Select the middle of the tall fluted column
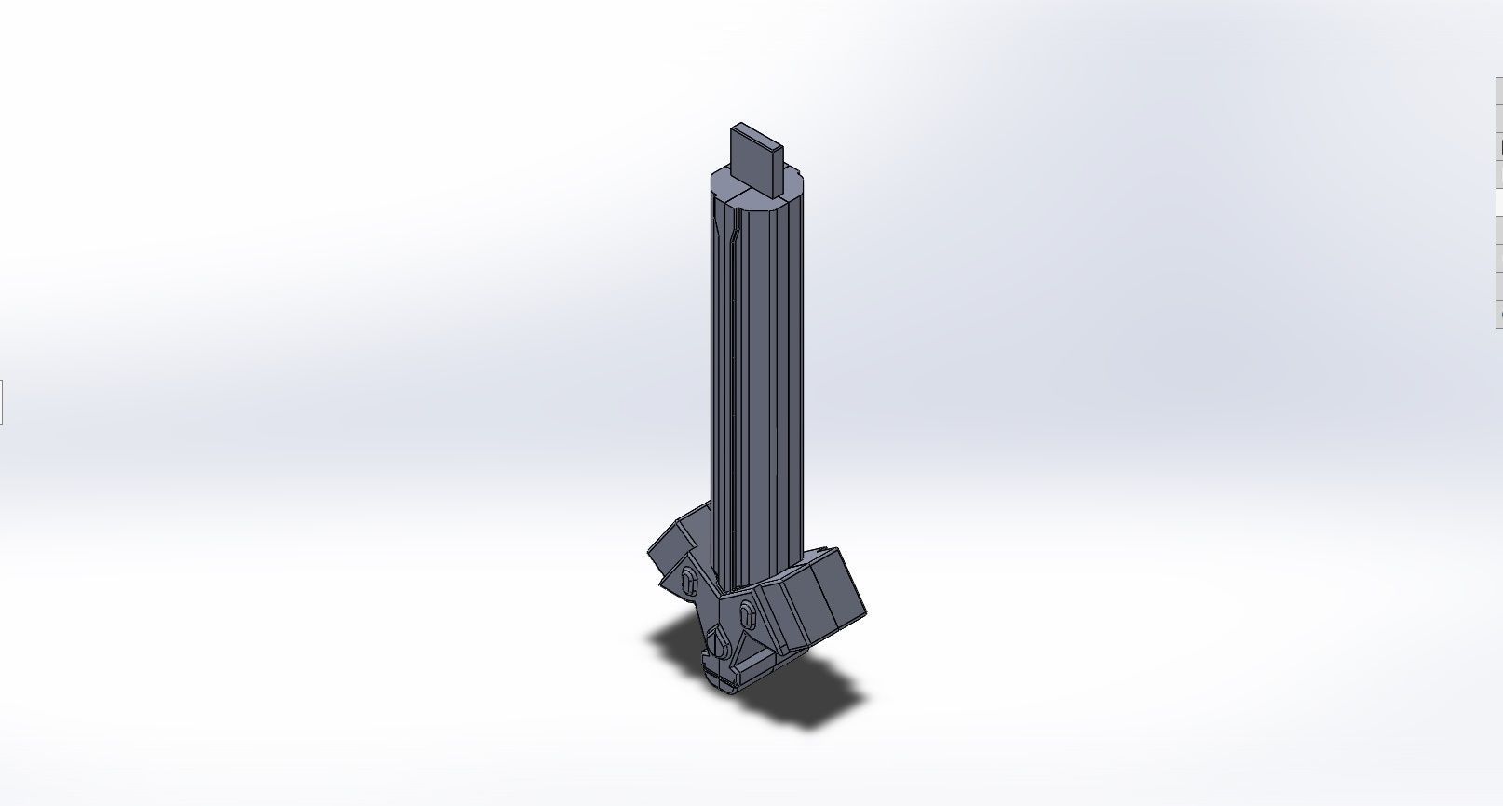click(756, 372)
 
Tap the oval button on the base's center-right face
click(747, 614)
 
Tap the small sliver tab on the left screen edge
click(1, 402)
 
